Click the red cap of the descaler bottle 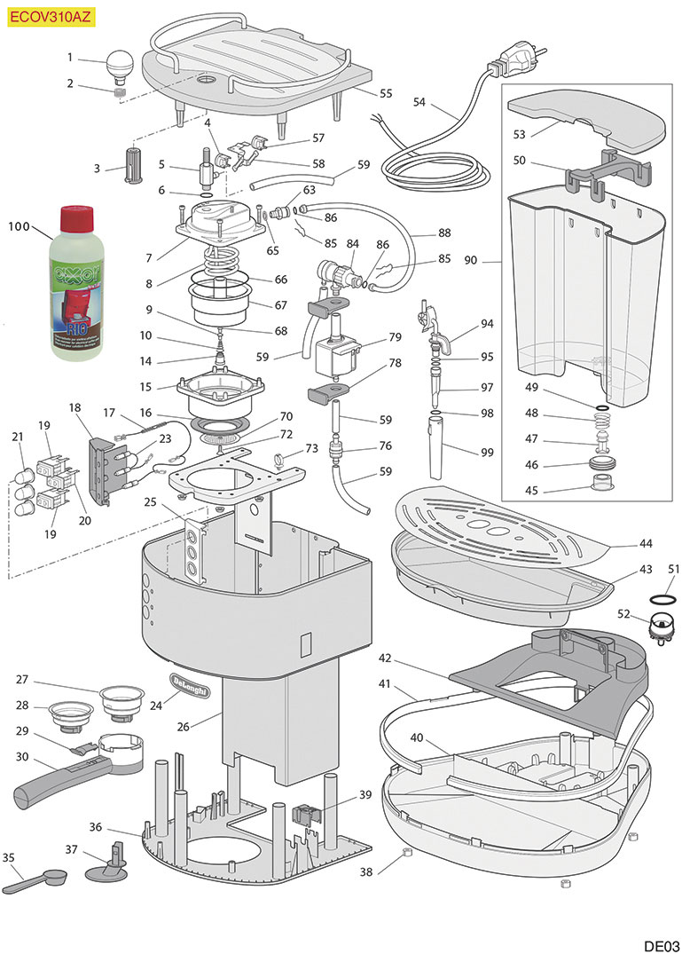point(77,217)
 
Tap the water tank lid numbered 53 point(585,122)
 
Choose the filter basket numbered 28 point(72,713)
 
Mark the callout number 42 point(384,658)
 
